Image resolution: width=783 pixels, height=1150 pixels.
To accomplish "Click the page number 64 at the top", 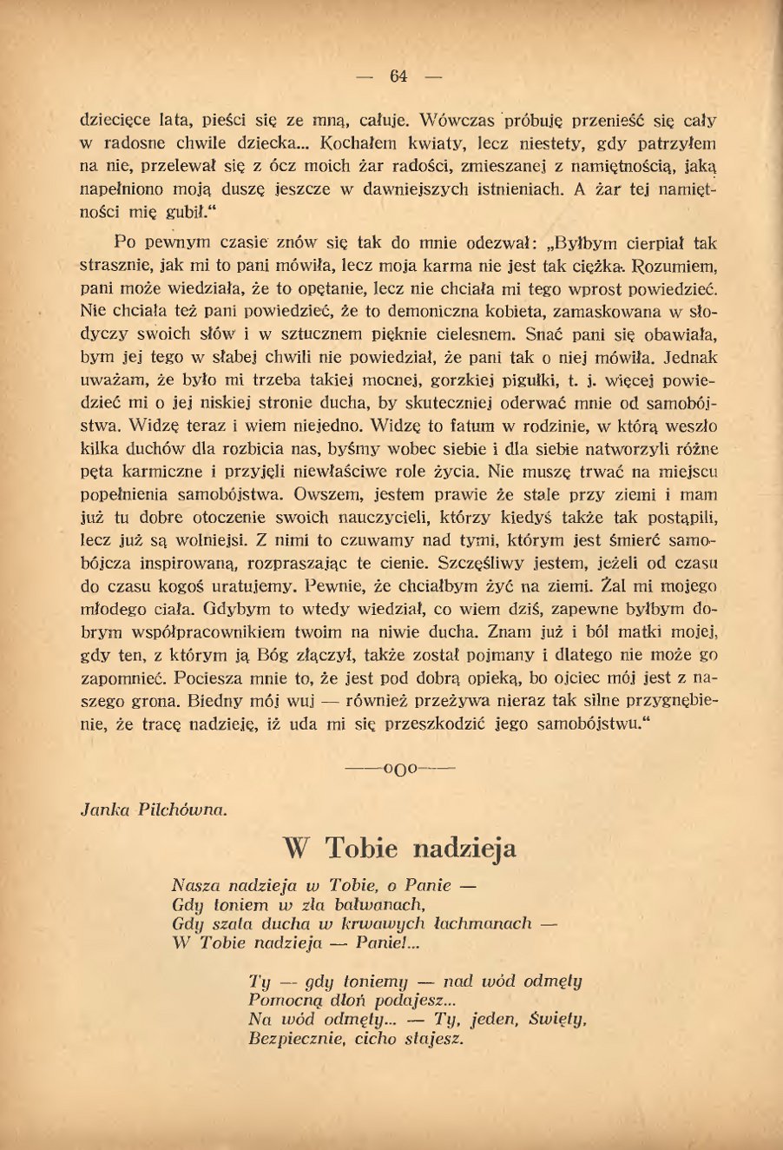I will [398, 76].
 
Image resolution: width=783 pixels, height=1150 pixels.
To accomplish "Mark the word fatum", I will [467, 426].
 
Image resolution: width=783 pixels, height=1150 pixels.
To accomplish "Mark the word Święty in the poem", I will [557, 1020].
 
